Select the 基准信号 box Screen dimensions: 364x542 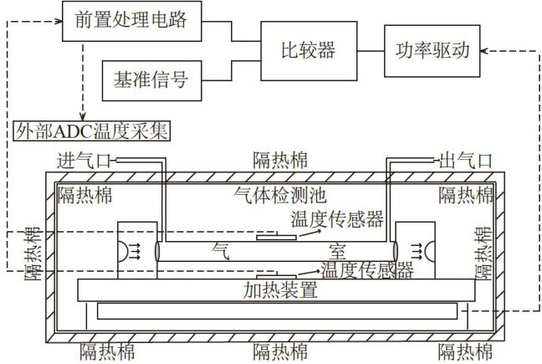(x=150, y=81)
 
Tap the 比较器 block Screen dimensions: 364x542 (x=307, y=50)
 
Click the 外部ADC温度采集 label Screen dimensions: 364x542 (x=92, y=130)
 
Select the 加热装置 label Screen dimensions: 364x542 (x=281, y=291)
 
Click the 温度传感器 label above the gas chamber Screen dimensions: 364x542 (x=337, y=219)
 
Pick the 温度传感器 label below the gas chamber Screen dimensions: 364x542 (x=367, y=270)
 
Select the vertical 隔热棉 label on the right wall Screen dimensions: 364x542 (x=483, y=254)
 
